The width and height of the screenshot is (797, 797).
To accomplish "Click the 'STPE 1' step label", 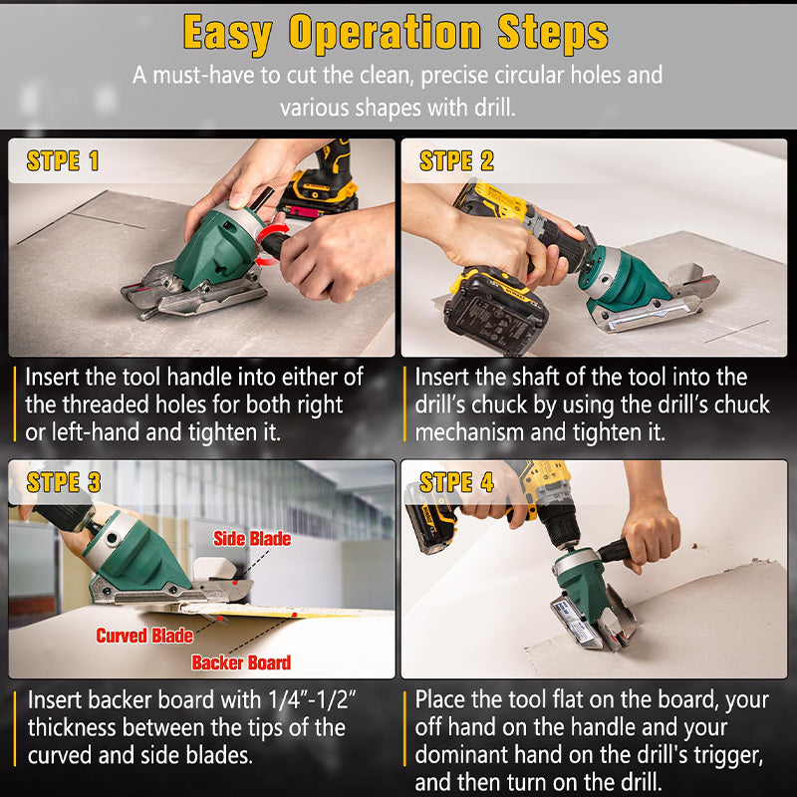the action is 63,161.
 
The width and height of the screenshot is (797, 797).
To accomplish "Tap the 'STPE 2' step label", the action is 456,161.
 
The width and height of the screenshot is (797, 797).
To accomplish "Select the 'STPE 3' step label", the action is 64,482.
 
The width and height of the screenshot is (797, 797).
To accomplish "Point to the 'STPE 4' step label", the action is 456,482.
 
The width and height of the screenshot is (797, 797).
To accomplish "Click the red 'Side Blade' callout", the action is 252,539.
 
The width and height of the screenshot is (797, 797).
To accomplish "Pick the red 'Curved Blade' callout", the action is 144,636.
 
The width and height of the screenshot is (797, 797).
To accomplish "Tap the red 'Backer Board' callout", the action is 241,663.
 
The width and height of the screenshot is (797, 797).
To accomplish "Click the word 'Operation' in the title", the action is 385,33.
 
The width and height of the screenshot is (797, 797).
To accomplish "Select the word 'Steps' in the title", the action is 553,33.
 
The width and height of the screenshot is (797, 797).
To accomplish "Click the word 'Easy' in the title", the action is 228,33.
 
